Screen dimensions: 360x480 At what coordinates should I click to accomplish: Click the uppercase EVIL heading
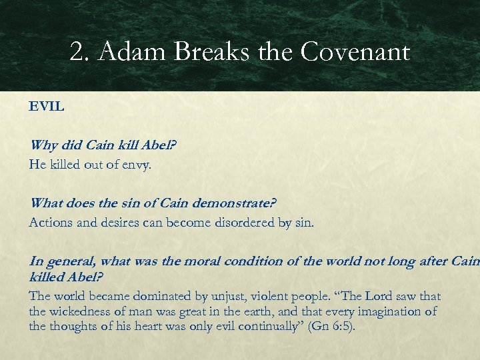point(47,107)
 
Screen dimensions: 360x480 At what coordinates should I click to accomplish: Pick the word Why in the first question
point(43,145)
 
